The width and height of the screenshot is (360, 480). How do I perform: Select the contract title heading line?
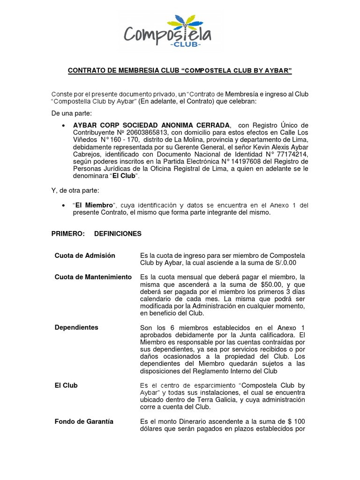coord(180,71)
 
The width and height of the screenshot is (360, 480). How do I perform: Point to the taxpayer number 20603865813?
coord(135,133)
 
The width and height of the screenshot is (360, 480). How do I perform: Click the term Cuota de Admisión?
coord(85,255)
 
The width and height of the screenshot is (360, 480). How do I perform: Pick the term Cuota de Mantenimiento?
coord(93,277)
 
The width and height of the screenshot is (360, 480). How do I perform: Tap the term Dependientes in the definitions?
coord(76,328)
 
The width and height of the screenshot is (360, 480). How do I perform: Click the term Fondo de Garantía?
coord(84,421)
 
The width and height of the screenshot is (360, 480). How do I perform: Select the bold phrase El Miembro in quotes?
coord(94,206)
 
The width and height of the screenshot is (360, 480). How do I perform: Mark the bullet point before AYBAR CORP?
coord(63,126)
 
